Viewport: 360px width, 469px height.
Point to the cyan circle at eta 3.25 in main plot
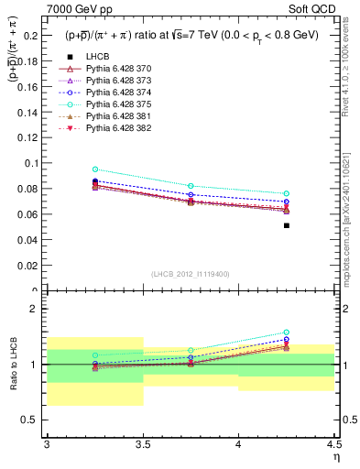95,169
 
